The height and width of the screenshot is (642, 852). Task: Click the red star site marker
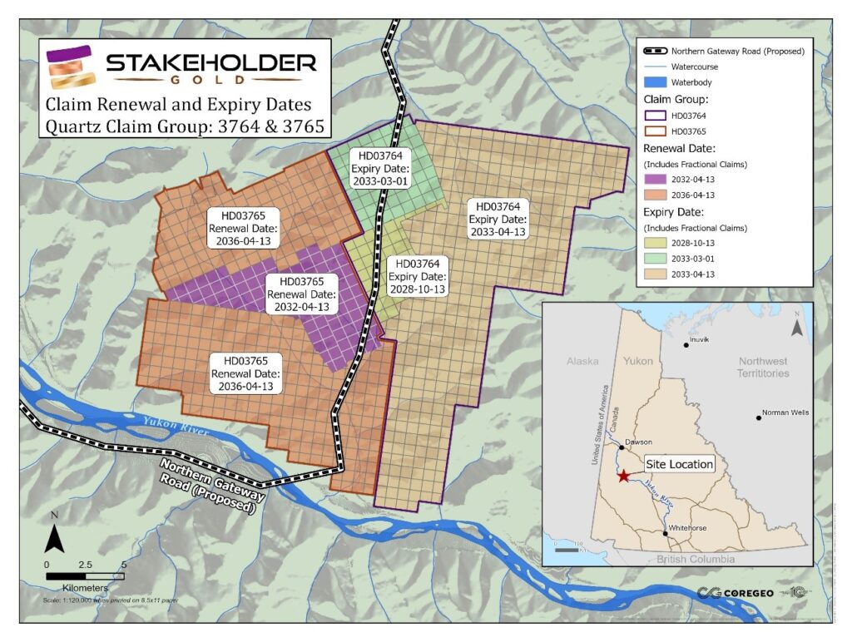[x=623, y=476]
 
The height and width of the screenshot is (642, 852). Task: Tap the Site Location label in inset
[x=680, y=464]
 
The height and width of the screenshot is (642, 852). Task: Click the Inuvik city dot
[x=686, y=344]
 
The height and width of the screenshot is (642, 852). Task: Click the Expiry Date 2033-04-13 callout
[x=498, y=219]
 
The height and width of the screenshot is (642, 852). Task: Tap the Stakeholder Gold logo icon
[x=72, y=67]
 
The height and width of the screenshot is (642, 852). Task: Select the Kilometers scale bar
[x=85, y=575]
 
